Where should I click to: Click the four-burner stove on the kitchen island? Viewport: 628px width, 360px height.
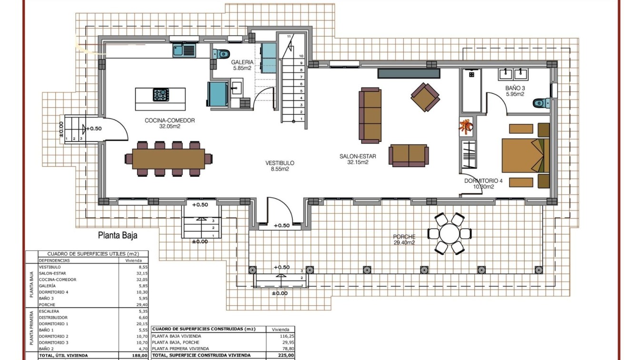(161, 95)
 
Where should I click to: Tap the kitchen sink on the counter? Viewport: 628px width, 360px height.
(183, 50)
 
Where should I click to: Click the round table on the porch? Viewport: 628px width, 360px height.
(448, 234)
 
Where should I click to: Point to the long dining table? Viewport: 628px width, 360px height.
(168, 159)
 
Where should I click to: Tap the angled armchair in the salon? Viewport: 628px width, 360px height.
(425, 97)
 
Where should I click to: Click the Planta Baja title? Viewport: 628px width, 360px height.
(118, 235)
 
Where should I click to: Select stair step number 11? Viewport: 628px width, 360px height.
(289, 36)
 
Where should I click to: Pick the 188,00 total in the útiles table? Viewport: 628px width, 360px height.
(139, 355)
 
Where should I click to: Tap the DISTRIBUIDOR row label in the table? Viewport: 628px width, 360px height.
(53, 317)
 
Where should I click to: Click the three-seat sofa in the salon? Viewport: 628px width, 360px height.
(370, 116)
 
